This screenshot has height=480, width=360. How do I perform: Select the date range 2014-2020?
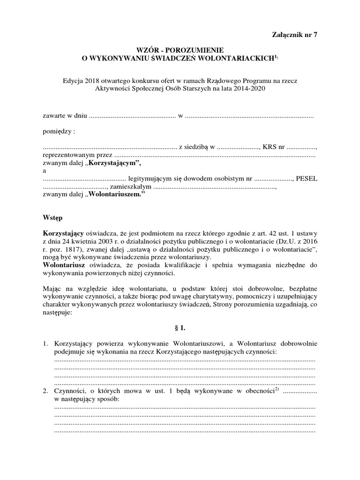pyautogui.click(x=251, y=89)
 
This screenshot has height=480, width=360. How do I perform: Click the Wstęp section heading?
pyautogui.click(x=52, y=218)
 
